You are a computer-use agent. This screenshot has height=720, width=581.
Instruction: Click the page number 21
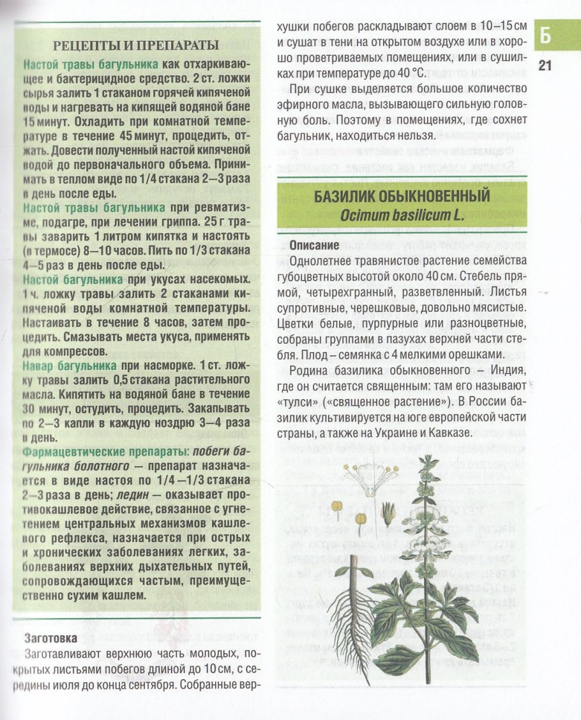point(544,64)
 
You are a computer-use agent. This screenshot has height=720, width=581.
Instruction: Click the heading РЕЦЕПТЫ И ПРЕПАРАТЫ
point(136,45)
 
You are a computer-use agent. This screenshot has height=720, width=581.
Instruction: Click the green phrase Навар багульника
point(70,366)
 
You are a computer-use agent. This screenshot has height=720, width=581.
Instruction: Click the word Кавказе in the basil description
point(448,432)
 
